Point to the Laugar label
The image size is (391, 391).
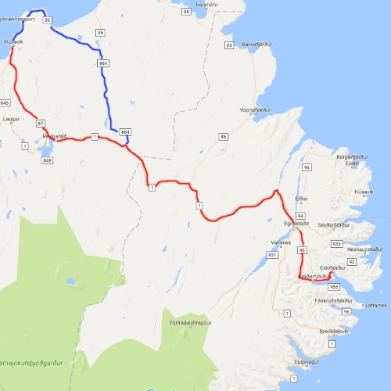tap(11, 119)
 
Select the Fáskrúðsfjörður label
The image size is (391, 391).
tap(334, 300)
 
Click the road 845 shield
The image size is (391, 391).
tap(5, 103)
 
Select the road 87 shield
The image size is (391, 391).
tap(41, 123)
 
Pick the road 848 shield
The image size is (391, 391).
tap(47, 160)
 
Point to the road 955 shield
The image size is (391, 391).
tap(333, 287)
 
